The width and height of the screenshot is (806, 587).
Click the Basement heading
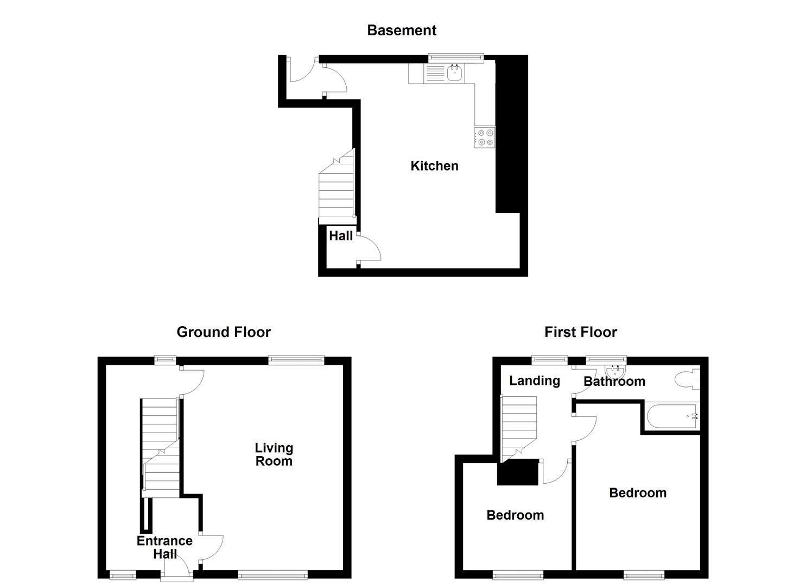click(x=402, y=30)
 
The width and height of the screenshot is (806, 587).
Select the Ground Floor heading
click(x=224, y=332)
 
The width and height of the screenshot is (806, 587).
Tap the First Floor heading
click(x=581, y=332)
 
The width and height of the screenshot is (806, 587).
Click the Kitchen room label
click(x=434, y=166)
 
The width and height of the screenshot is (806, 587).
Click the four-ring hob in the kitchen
click(x=484, y=137)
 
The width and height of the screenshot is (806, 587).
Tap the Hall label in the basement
click(x=341, y=236)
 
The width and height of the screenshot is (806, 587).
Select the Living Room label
click(x=274, y=454)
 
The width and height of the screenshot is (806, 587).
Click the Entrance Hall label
click(x=164, y=547)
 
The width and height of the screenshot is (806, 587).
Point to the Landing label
click(x=535, y=380)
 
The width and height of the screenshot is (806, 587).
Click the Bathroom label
click(x=614, y=382)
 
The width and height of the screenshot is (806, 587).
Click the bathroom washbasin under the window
click(x=615, y=371)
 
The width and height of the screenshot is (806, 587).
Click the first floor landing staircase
click(x=518, y=427)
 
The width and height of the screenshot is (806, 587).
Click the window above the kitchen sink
click(x=456, y=56)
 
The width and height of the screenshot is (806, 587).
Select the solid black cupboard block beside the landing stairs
click(x=517, y=472)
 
